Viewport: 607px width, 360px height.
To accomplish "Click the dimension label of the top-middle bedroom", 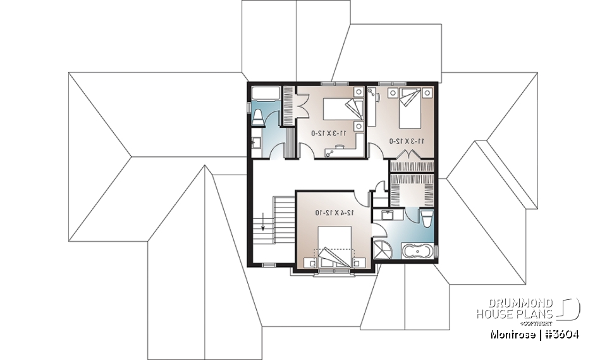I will [x=328, y=133].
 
